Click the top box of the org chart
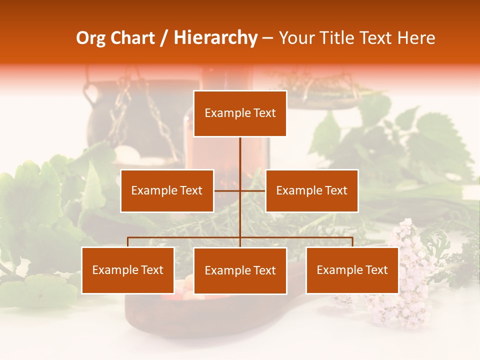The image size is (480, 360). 240,113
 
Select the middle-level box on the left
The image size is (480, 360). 167,190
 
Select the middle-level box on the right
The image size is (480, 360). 311,190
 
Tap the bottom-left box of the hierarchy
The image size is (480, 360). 128,270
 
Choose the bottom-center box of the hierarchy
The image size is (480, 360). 240,270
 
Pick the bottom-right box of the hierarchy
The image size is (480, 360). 352,270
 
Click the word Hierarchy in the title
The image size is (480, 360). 215,38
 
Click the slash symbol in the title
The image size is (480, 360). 163,38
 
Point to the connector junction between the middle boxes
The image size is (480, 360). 240,190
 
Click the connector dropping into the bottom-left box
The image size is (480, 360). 128,242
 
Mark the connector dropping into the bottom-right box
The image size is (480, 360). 352,242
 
